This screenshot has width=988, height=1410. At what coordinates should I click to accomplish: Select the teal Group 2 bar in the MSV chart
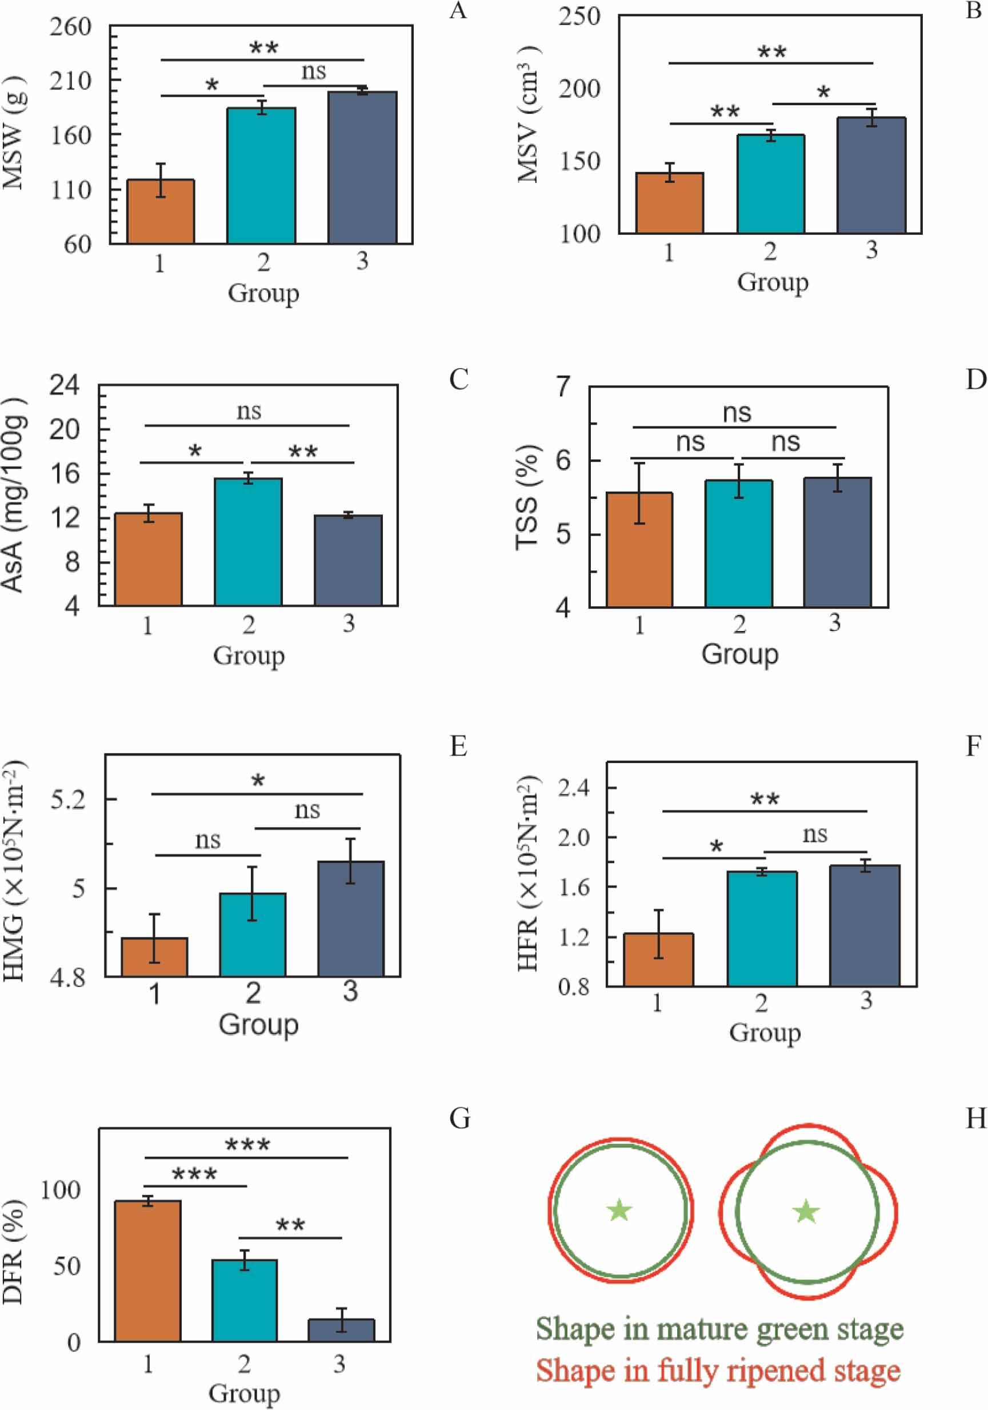pyautogui.click(x=771, y=183)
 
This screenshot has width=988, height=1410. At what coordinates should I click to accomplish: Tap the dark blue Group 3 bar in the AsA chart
pyautogui.click(x=348, y=560)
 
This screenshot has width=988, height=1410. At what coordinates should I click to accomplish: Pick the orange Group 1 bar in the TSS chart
pyautogui.click(x=639, y=550)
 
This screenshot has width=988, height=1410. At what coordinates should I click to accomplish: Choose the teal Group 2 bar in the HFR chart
pyautogui.click(x=762, y=929)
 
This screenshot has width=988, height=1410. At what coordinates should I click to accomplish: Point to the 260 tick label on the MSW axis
pyautogui.click(x=70, y=27)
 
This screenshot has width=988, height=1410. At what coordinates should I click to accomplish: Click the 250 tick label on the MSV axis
pyautogui.click(x=578, y=17)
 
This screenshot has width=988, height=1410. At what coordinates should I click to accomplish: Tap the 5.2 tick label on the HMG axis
pyautogui.click(x=67, y=800)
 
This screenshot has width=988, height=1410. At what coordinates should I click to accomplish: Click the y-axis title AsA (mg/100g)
pyautogui.click(x=14, y=495)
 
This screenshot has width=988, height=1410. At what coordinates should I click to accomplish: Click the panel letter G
pyautogui.click(x=459, y=1119)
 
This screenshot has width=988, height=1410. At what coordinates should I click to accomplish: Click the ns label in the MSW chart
pyautogui.click(x=314, y=72)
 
